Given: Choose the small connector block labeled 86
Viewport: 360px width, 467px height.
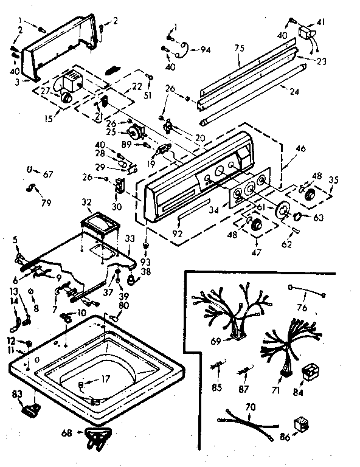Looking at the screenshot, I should (299, 421).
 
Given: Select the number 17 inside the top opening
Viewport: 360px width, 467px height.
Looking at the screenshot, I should (106, 379).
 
